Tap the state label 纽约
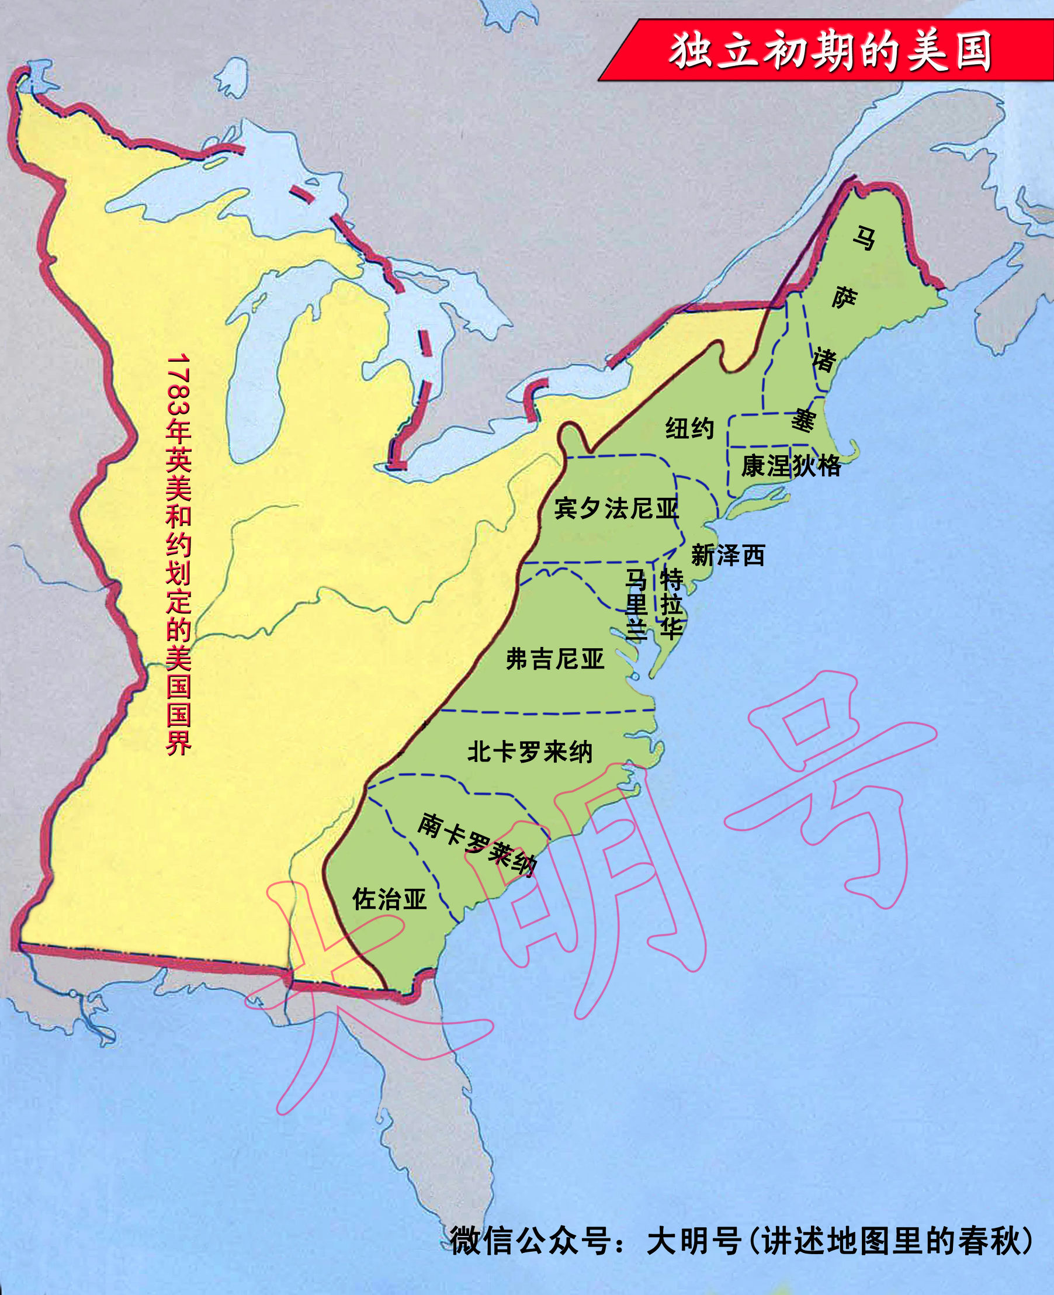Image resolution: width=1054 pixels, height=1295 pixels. (689, 428)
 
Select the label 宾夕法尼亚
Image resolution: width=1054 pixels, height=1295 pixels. (616, 508)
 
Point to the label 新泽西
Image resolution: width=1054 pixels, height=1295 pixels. (728, 555)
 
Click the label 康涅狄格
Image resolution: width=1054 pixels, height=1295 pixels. (791, 466)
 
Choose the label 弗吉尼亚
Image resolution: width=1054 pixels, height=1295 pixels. (555, 659)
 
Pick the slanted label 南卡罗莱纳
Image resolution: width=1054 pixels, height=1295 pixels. (477, 844)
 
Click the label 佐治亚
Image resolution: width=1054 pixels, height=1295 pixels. (390, 899)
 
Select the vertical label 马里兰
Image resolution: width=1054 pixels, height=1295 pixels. (636, 605)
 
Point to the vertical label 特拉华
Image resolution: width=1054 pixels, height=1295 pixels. (671, 605)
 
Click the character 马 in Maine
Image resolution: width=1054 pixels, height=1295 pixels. (864, 238)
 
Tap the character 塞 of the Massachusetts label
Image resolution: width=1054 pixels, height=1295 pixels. (803, 420)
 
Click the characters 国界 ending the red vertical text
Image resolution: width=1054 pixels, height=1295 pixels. (179, 729)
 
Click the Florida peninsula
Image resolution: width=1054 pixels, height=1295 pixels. (437, 1093)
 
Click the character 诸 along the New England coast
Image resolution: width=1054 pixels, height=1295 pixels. (824, 359)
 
